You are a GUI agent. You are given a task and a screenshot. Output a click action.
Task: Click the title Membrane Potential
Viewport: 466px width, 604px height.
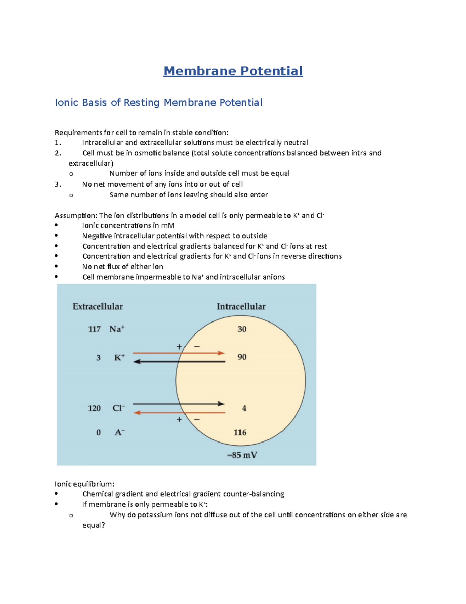click(x=233, y=71)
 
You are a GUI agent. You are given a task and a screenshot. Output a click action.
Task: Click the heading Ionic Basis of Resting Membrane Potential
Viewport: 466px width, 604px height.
click(x=158, y=103)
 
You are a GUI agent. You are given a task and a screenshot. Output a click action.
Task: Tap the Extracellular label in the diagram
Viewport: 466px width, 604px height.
click(x=97, y=306)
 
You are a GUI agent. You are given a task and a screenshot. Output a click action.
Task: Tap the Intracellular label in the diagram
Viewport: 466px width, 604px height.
click(x=241, y=306)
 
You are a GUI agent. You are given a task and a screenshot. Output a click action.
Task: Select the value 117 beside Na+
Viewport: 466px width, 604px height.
click(x=94, y=329)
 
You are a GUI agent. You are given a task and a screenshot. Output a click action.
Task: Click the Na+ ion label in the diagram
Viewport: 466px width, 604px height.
click(x=117, y=329)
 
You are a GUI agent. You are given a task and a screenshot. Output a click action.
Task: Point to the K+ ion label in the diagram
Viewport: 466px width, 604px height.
click(x=119, y=357)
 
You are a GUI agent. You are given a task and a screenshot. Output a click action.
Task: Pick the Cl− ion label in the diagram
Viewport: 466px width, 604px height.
click(x=118, y=408)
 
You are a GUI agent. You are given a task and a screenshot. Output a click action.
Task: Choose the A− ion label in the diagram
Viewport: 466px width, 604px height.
click(x=120, y=432)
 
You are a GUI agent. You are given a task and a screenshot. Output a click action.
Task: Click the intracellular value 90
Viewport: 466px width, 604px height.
click(x=242, y=357)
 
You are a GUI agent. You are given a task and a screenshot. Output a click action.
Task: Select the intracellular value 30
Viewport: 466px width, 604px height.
click(x=242, y=329)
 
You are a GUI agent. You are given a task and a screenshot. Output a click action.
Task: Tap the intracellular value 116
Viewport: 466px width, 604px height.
click(x=240, y=432)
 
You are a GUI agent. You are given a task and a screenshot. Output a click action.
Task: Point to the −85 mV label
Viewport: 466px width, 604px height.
click(x=242, y=455)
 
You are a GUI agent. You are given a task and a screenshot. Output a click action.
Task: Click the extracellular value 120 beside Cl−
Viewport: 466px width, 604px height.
click(x=94, y=408)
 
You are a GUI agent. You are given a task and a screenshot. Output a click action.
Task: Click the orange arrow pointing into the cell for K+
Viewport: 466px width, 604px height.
click(x=179, y=353)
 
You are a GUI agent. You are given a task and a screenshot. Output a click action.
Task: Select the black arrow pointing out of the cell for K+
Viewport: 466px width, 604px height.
click(x=179, y=362)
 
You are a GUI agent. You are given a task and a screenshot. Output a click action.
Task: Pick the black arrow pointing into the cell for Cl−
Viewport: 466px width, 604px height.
click(x=179, y=404)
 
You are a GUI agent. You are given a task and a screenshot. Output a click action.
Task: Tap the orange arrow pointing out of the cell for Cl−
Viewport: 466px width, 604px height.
click(x=179, y=412)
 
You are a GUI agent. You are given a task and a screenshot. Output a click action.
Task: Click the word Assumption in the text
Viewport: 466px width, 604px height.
click(x=76, y=215)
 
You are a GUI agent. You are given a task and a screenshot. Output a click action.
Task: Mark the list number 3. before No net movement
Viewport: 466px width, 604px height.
click(x=58, y=184)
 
